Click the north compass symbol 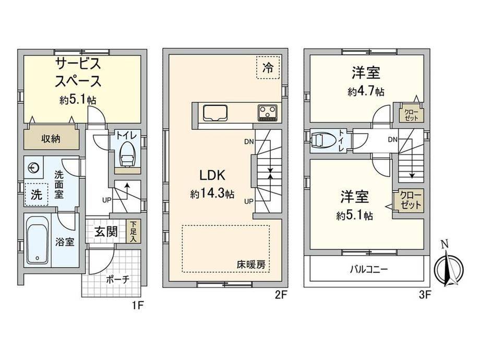click(449, 269)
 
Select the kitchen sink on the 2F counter click(215, 113)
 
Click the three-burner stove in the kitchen click(268, 113)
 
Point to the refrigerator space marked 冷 click(268, 68)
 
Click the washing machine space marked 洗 click(36, 195)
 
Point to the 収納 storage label click(51, 139)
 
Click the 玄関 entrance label click(106, 232)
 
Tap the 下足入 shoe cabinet click(133, 232)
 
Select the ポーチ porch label click(118, 279)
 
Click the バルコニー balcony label click(369, 269)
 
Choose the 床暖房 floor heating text click(251, 265)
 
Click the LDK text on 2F click(212, 175)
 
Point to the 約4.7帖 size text click(366, 91)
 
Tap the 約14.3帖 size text click(212, 194)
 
